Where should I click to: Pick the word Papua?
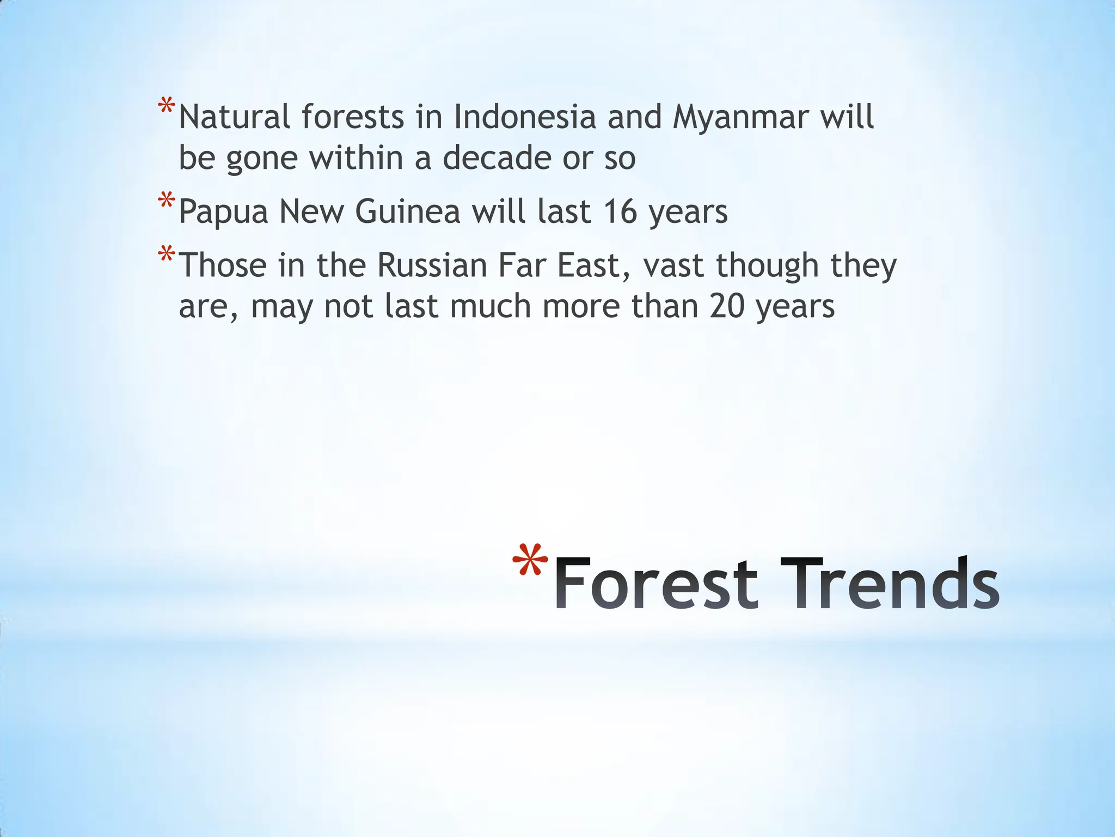(223, 211)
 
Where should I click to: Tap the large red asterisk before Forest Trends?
(530, 561)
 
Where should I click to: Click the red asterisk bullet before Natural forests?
(167, 106)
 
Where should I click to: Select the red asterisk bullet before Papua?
(167, 201)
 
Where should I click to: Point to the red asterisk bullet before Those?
(167, 254)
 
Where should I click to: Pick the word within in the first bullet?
(370, 158)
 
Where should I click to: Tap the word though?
(768, 265)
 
